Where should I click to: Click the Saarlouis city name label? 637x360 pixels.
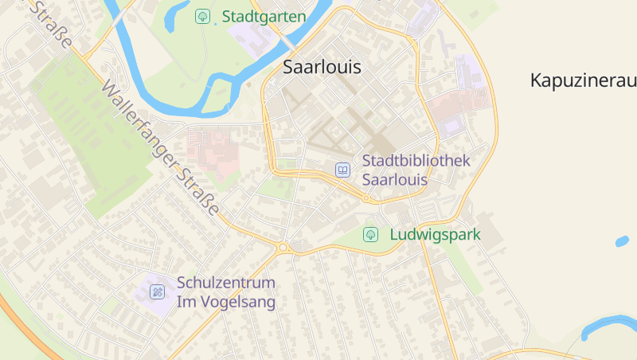322,68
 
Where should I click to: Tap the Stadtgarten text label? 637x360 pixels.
264,16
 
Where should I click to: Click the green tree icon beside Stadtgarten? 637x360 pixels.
203,16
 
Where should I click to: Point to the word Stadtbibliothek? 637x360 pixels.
416,161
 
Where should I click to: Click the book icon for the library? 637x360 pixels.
342,170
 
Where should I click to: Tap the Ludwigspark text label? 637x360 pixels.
435,235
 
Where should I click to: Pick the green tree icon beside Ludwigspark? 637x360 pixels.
370,235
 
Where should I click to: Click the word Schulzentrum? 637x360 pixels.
226,283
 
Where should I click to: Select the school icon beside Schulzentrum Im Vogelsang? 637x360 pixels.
157,292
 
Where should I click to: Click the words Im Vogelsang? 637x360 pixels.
226,302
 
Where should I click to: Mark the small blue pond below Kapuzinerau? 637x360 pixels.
621,241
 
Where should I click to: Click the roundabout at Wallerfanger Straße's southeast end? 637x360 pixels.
283,248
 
